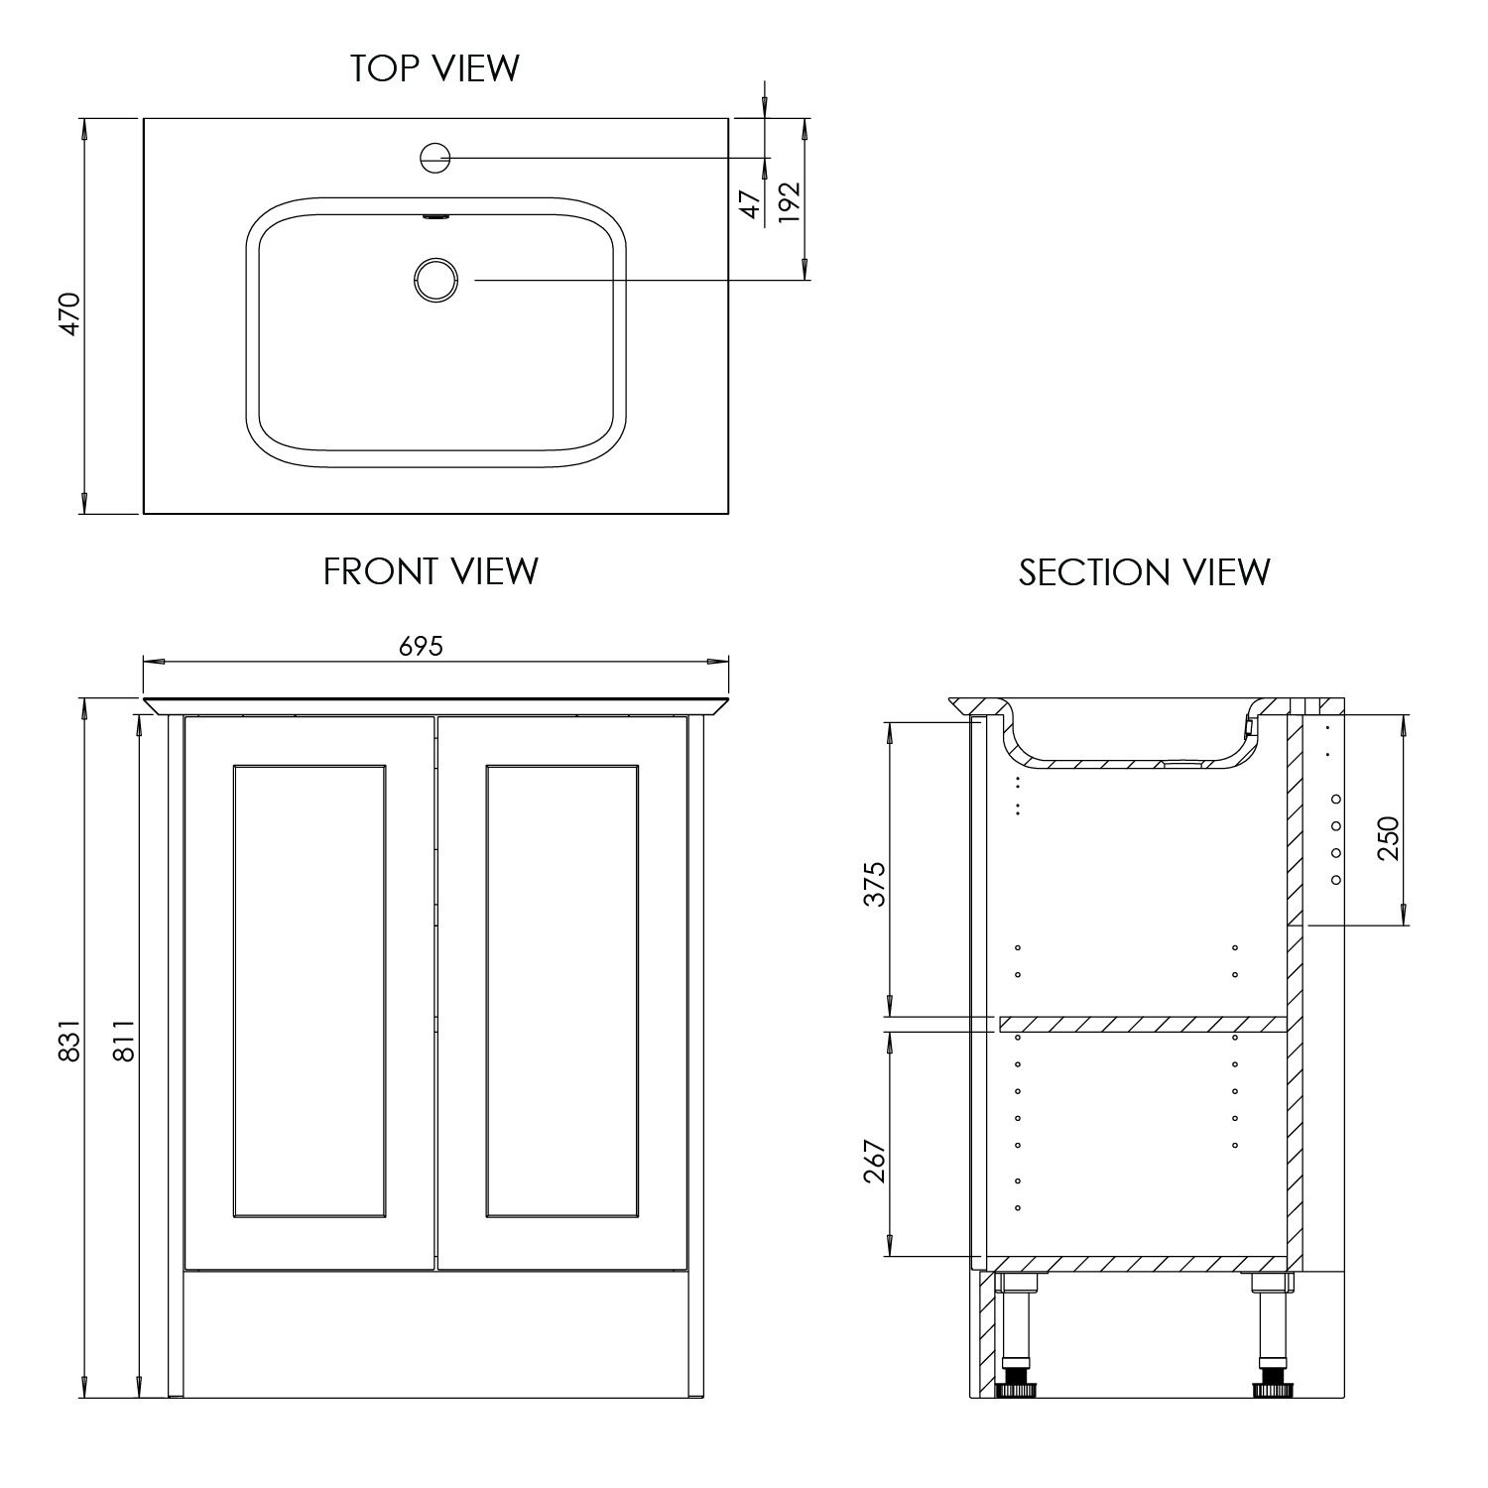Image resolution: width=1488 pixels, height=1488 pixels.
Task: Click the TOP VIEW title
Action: pyautogui.click(x=434, y=68)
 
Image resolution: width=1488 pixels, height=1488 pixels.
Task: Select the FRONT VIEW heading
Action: pyautogui.click(x=431, y=571)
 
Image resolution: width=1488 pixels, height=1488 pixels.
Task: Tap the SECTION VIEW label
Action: pyautogui.click(x=1144, y=572)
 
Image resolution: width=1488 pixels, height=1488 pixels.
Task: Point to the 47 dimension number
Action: pyautogui.click(x=751, y=203)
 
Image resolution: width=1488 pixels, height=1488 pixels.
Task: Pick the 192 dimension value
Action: pyautogui.click(x=789, y=202)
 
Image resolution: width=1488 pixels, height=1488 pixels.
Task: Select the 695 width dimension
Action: pyautogui.click(x=421, y=647)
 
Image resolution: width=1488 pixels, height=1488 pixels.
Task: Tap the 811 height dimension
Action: pyautogui.click(x=123, y=1041)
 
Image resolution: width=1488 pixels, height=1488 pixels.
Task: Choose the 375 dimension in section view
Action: pyautogui.click(x=874, y=884)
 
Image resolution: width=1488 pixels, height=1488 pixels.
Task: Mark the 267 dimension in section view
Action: pyautogui.click(x=874, y=1160)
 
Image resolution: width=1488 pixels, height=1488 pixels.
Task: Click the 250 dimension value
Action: pyautogui.click(x=1388, y=838)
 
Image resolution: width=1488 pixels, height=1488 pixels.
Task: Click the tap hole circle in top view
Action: pyautogui.click(x=435, y=157)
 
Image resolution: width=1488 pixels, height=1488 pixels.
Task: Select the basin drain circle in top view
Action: pyautogui.click(x=435, y=279)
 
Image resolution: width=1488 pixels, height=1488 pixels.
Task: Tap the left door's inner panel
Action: pyautogui.click(x=310, y=990)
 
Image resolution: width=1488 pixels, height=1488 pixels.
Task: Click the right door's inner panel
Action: pyautogui.click(x=562, y=990)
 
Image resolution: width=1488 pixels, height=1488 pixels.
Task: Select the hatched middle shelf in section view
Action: pyautogui.click(x=1141, y=1024)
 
